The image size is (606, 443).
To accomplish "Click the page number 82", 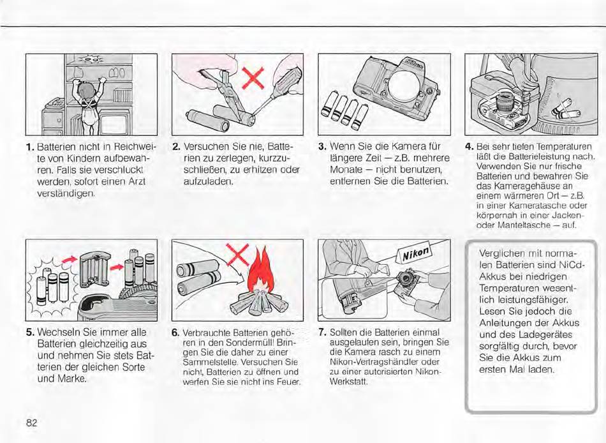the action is pyautogui.click(x=31, y=423).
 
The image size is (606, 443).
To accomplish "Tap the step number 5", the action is pyautogui.click(x=30, y=333).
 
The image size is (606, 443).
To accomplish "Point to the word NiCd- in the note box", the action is pyautogui.click(x=572, y=265).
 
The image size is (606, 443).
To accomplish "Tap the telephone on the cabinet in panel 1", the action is pyautogui.click(x=55, y=103).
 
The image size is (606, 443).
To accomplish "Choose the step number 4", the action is pyautogui.click(x=469, y=147).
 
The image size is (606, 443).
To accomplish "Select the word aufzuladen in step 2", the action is pyautogui.click(x=207, y=181).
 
